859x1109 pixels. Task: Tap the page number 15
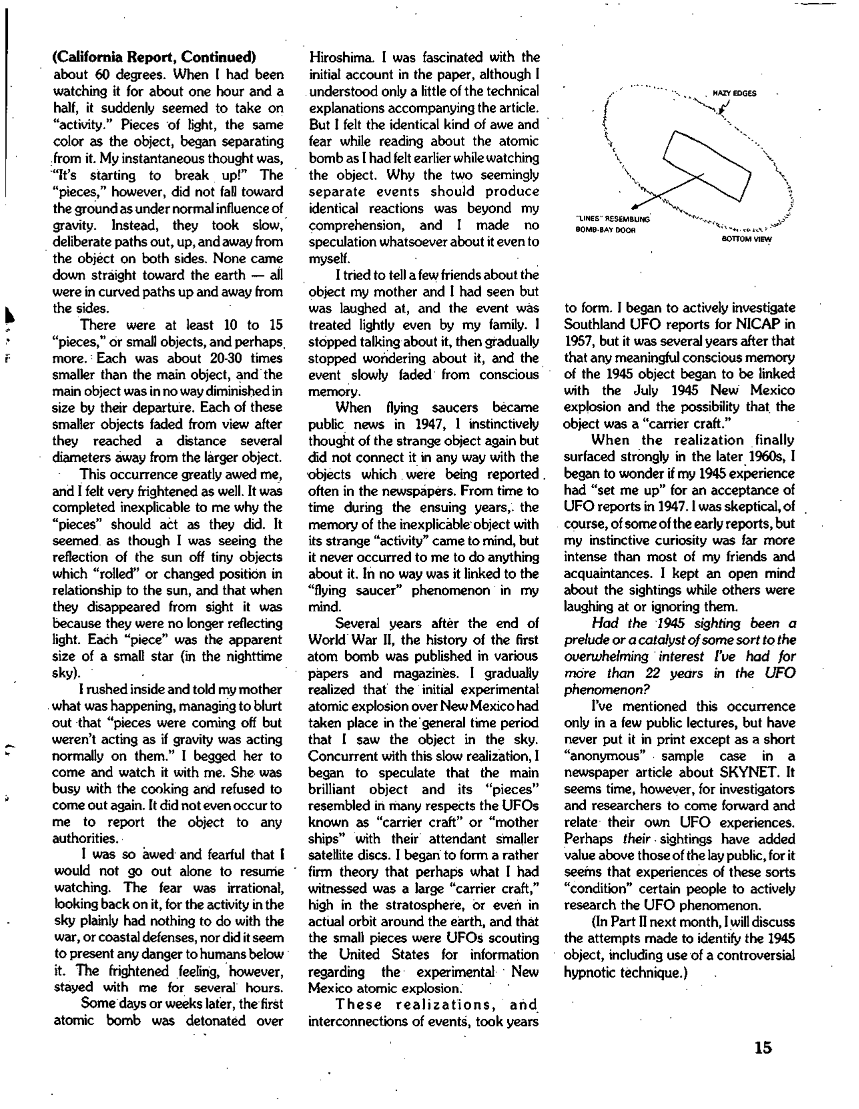pyautogui.click(x=763, y=1047)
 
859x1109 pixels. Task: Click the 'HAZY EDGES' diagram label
pyautogui.click(x=734, y=94)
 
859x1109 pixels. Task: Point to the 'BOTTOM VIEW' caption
pyautogui.click(x=746, y=239)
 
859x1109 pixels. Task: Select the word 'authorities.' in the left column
pyautogui.click(x=84, y=838)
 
